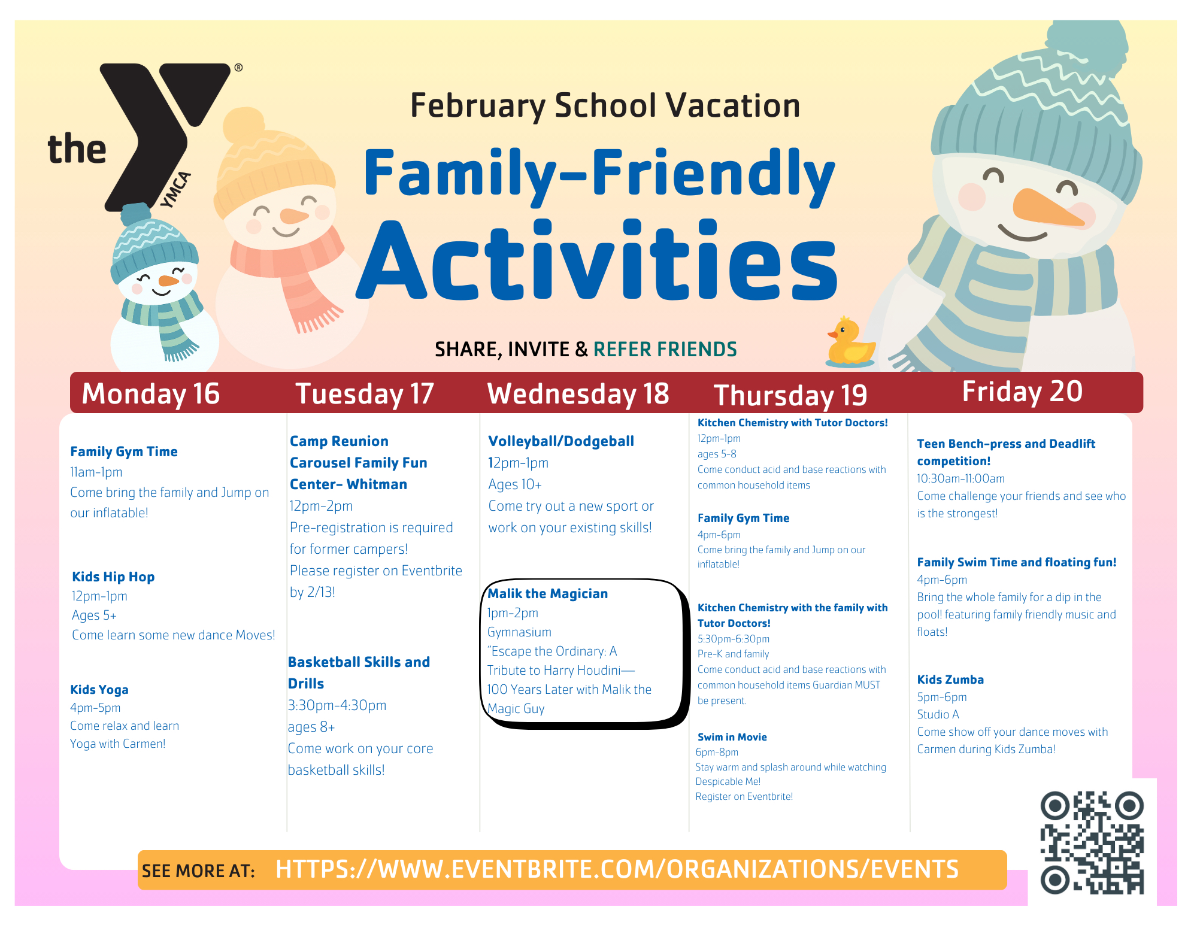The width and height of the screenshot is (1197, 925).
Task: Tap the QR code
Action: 1092,842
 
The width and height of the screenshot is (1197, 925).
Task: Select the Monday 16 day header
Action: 151,393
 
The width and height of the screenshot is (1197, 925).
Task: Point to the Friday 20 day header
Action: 1022,392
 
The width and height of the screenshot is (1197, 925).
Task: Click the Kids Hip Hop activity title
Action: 113,577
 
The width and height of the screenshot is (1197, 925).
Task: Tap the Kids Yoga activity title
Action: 99,690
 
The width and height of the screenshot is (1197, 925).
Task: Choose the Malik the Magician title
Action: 547,593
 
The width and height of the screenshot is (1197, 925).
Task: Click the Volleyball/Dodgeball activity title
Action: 561,441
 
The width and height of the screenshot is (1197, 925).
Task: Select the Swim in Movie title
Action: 732,737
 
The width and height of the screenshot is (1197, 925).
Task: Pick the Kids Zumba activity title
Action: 950,680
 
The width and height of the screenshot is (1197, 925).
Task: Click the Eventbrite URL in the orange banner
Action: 617,869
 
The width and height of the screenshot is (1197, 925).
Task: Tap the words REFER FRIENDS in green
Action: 665,349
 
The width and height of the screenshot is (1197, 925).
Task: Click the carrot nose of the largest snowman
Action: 1047,208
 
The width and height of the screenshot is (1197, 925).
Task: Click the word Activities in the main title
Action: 597,260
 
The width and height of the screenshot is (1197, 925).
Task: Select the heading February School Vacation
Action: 605,105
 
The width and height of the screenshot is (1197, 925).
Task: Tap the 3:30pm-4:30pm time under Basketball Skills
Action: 337,705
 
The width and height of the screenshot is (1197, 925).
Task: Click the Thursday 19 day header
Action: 790,396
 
